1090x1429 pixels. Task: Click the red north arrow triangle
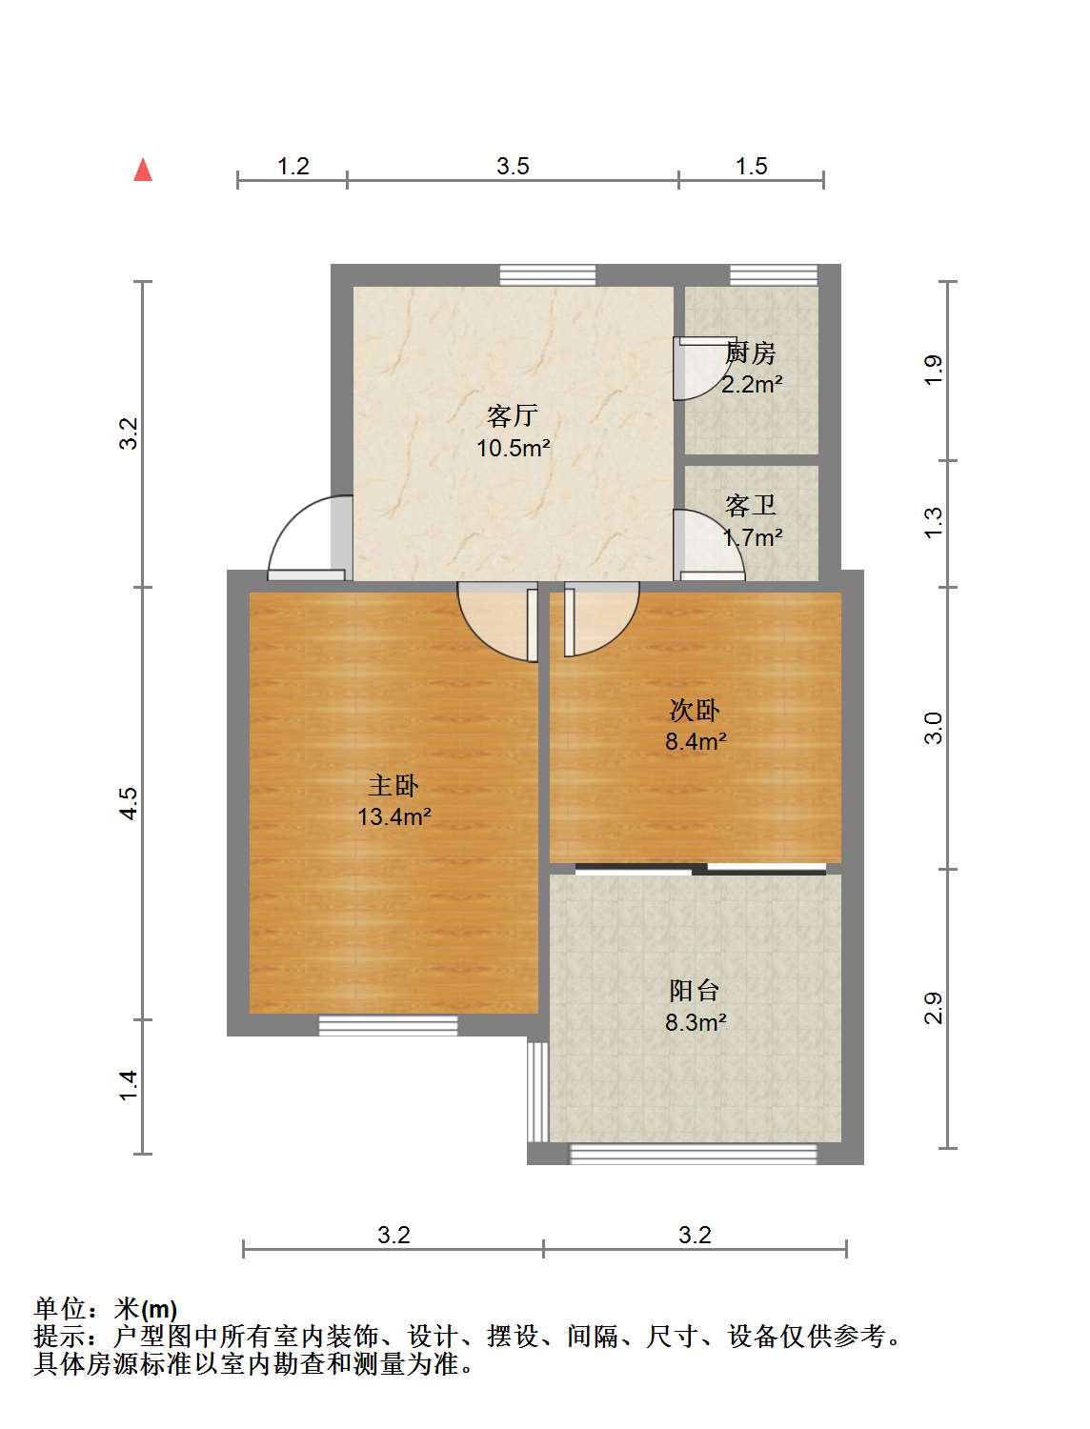click(x=143, y=170)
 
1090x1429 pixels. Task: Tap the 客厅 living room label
click(x=513, y=415)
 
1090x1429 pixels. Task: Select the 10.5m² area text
click(x=514, y=448)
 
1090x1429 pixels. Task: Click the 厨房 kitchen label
click(x=751, y=352)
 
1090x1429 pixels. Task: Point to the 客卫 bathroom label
click(x=751, y=505)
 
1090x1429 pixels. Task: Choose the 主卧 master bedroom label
click(x=394, y=785)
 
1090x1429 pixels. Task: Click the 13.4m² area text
click(x=394, y=816)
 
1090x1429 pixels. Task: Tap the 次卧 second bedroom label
click(x=695, y=710)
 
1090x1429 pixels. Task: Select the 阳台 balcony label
click(x=695, y=991)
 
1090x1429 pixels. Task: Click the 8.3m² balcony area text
click(x=696, y=1023)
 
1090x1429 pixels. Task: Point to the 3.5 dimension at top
click(x=513, y=167)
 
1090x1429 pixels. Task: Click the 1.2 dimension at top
click(x=293, y=167)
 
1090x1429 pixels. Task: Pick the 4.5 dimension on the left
click(x=129, y=802)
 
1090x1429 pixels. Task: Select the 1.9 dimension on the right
click(x=934, y=369)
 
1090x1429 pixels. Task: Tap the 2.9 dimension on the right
click(x=934, y=1007)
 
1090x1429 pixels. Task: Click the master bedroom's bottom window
click(x=388, y=1026)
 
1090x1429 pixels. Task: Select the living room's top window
click(x=548, y=274)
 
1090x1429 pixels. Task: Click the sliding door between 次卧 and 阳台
click(x=700, y=868)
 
